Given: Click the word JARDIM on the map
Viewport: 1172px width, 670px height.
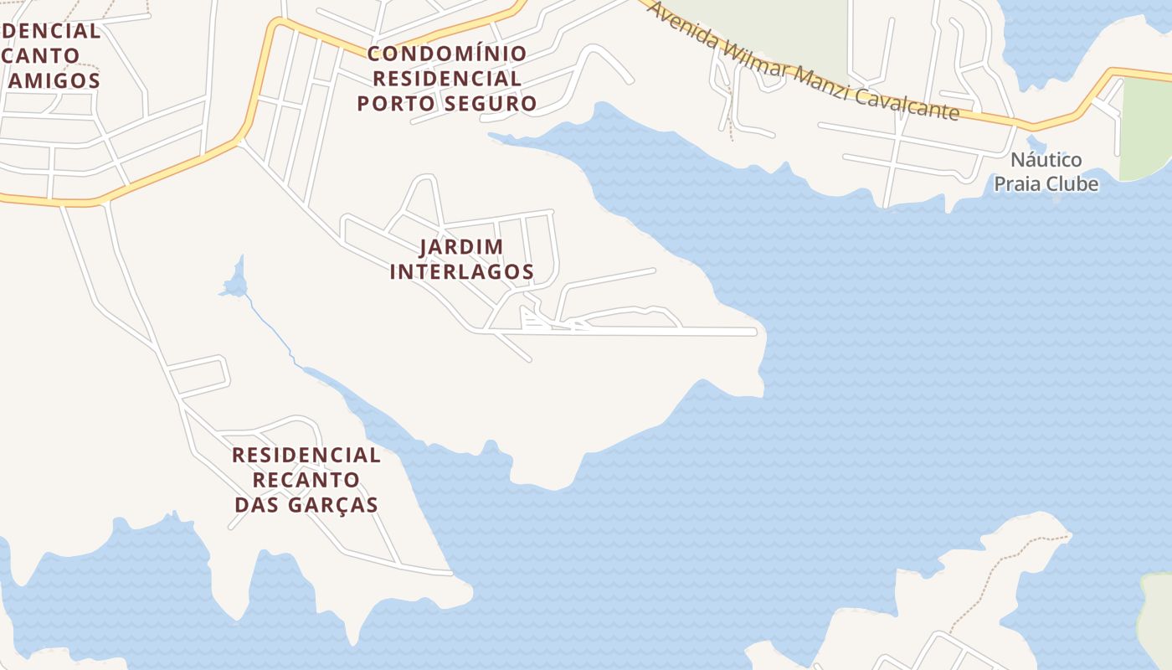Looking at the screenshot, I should (461, 247).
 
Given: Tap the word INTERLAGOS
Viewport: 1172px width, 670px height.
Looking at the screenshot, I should (461, 272).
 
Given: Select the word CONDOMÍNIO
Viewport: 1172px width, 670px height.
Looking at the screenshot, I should (447, 54).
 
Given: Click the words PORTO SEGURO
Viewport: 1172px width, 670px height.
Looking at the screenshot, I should (447, 104).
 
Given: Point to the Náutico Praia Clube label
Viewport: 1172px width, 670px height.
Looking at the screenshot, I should (1046, 172).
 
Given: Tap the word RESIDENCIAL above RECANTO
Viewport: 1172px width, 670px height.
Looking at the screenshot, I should (306, 456).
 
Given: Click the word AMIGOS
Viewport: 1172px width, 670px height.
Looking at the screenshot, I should (55, 81).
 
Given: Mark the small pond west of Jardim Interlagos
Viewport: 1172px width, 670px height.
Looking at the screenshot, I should (235, 283).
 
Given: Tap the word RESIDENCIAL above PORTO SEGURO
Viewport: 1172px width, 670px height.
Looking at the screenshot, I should (447, 79).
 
